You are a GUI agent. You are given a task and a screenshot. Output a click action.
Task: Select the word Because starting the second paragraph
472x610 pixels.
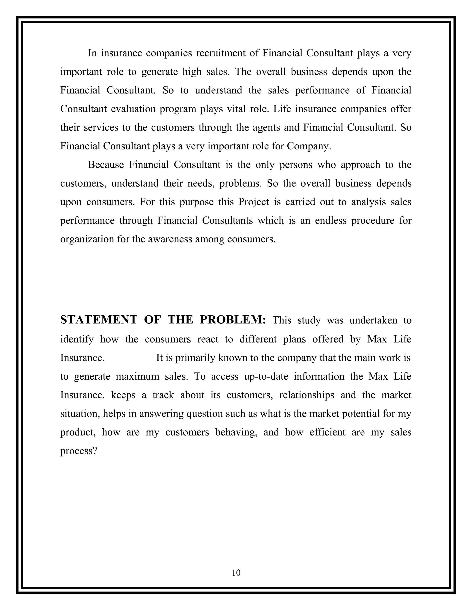[x=106, y=165]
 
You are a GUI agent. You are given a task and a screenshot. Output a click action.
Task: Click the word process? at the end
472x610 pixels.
[x=78, y=451]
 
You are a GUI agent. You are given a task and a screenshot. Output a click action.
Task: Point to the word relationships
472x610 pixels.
[x=307, y=395]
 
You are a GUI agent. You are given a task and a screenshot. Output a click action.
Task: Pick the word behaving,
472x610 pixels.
[x=236, y=432]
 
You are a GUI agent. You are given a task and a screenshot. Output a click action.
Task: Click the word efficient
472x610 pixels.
[x=327, y=432]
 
